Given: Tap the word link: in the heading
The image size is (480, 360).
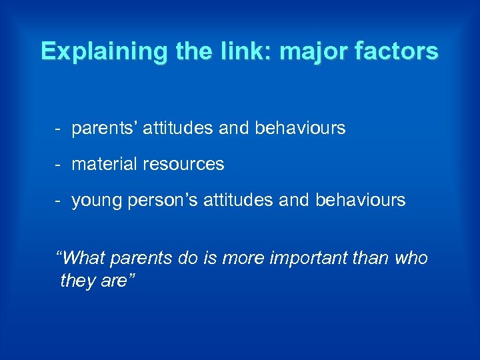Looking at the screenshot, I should pyautogui.click(x=221, y=51).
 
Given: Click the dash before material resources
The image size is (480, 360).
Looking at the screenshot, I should pyautogui.click(x=59, y=163).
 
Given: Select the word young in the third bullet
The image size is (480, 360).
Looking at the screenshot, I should pyautogui.click(x=93, y=200).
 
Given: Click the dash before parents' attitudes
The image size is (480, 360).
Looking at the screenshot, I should pyautogui.click(x=59, y=127).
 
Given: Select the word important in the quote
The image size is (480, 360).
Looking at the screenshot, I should pyautogui.click(x=303, y=257).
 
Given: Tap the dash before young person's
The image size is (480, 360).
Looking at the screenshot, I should pyautogui.click(x=59, y=200).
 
